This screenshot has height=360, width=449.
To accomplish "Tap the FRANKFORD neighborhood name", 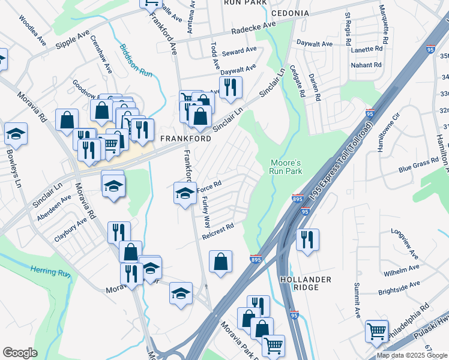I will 185,139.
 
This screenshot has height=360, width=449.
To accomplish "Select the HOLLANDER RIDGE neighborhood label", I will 305,284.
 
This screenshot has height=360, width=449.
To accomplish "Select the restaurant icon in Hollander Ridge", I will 307,239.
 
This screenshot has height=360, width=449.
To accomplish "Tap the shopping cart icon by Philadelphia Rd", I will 377,330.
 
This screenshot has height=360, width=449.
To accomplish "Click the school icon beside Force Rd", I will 185,193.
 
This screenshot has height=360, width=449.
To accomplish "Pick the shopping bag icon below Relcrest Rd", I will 221,261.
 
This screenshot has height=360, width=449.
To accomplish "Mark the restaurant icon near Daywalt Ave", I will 231,88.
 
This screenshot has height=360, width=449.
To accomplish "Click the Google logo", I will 20,353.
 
